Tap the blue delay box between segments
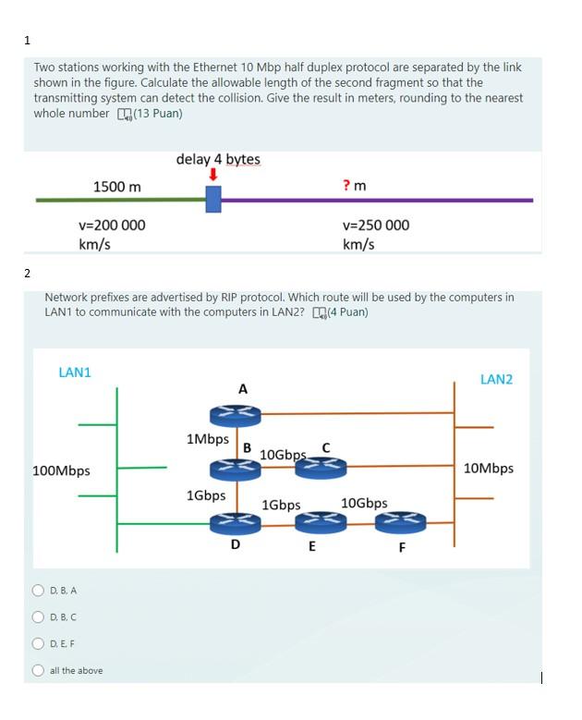tap(213, 199)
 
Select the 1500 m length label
tap(117, 187)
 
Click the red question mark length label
tap(354, 186)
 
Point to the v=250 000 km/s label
tap(375, 234)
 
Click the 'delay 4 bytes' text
tap(218, 159)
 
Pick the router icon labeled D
tap(236, 524)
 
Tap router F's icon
tap(400, 523)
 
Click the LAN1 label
tap(75, 372)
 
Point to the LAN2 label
tap(496, 380)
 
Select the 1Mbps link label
tap(207, 439)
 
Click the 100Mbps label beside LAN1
tap(61, 470)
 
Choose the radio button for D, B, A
tap(38, 590)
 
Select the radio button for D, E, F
tap(38, 643)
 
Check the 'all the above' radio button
tap(38, 670)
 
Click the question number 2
tap(28, 273)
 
